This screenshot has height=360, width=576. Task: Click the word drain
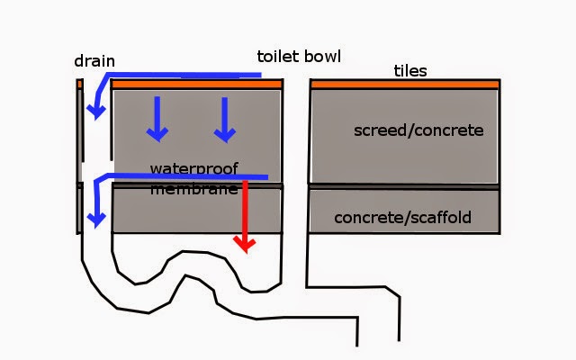pos(94,61)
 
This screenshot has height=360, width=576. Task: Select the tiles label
pos(410,71)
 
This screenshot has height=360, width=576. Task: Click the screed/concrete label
pos(418,130)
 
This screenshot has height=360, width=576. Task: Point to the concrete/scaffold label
pos(402,218)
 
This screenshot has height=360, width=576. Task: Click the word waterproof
pos(194,168)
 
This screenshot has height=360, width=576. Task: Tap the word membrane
pos(194,190)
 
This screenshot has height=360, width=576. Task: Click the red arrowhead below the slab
pos(245,245)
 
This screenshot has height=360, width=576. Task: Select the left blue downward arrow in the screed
pos(157,119)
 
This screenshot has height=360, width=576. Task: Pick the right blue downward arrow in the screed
pos(224,120)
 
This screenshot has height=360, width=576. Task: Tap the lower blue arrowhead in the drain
pos(96,220)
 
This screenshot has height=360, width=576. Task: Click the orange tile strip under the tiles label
pos(405,85)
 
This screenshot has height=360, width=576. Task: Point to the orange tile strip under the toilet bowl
pos(196,85)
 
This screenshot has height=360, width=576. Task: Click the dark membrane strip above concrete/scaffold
pos(404,187)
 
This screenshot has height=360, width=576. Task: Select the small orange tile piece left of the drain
pos(79,85)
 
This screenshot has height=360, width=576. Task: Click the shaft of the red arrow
pos(245,209)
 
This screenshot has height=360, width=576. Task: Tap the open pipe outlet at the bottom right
pos(378,342)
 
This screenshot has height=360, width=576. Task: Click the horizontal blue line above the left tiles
pos(184,75)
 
